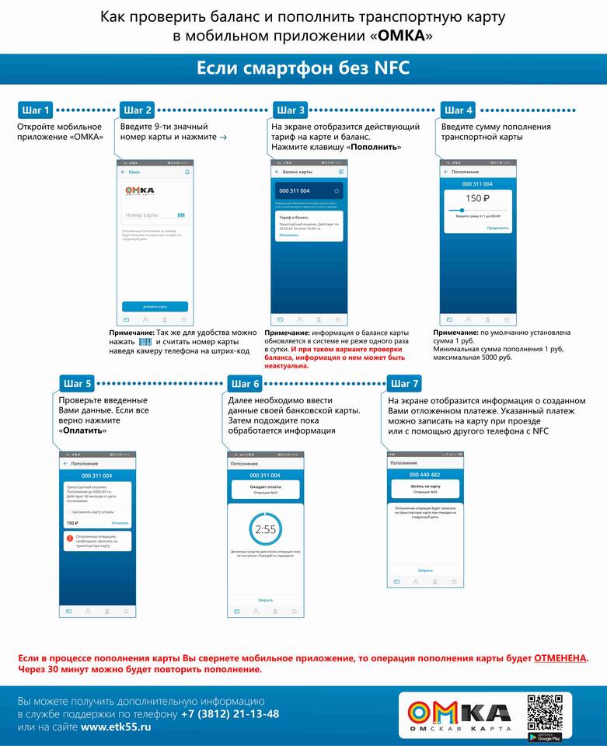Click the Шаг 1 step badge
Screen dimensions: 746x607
tap(36, 110)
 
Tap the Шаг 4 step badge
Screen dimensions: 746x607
tap(458, 110)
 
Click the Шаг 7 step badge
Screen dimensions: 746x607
tap(404, 383)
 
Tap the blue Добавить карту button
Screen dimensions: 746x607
tap(155, 306)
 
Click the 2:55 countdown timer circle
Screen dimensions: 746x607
tap(265, 528)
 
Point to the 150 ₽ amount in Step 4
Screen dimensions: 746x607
tap(474, 198)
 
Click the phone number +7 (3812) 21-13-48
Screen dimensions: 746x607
tap(230, 713)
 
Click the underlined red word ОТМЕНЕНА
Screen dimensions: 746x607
tap(560, 658)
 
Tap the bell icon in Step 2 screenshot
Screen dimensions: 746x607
tap(187, 171)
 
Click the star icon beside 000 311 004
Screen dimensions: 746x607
tap(337, 190)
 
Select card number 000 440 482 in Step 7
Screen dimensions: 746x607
tap(424, 474)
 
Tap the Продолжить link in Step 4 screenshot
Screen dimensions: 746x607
tap(497, 228)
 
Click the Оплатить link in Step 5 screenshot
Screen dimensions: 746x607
tap(120, 523)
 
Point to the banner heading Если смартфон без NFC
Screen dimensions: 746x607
tap(303, 68)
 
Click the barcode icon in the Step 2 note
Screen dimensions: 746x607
tap(145, 341)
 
